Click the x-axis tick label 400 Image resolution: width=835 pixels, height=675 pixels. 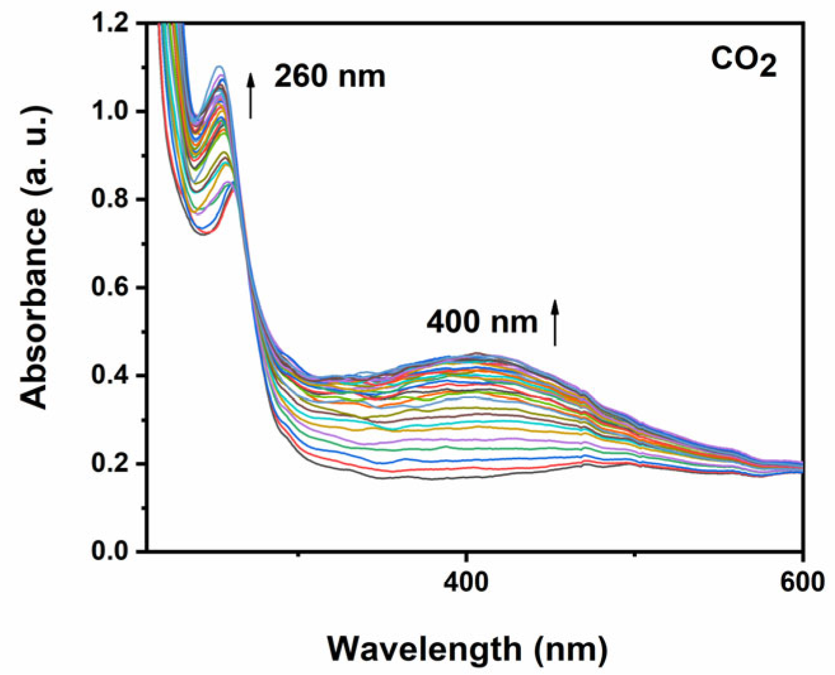coord(466,582)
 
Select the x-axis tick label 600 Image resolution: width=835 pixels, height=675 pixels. coord(803,582)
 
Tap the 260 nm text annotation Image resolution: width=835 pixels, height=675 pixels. coord(330,77)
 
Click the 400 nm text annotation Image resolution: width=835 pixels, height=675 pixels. coord(482,322)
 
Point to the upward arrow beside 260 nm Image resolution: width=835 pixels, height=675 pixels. coord(251,95)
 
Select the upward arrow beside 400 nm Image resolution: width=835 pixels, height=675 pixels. coord(555,323)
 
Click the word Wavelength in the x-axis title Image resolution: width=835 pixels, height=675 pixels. coord(424,649)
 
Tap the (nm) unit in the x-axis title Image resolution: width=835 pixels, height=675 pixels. coord(571,649)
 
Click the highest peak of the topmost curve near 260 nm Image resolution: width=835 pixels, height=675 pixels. coord(220,66)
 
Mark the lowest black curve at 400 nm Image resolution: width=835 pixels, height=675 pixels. coord(466,477)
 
